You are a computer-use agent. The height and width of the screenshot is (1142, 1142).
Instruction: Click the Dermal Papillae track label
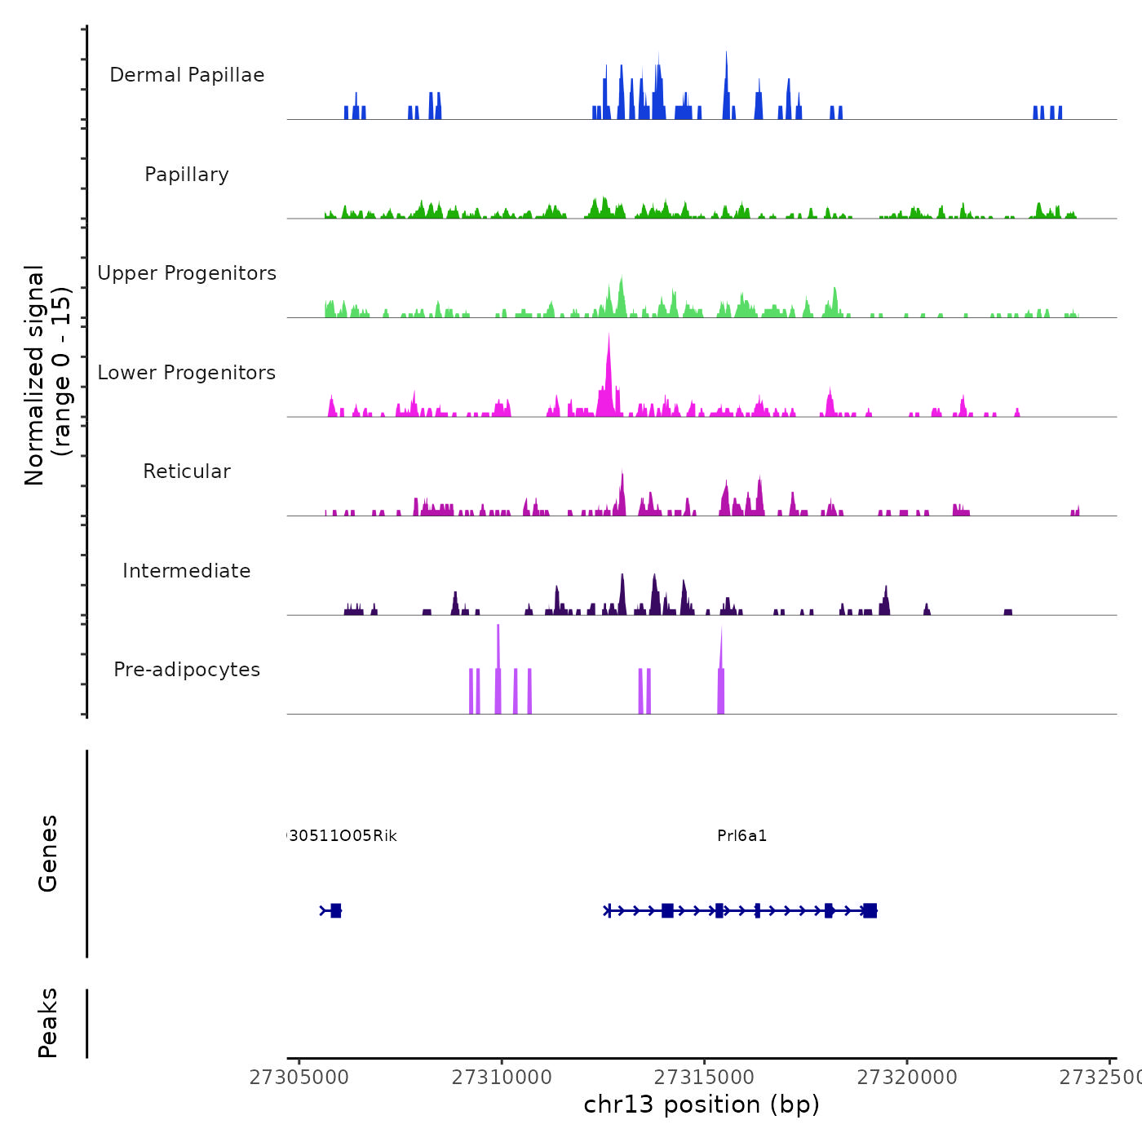click(187, 75)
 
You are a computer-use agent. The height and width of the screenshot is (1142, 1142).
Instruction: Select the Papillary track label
click(187, 175)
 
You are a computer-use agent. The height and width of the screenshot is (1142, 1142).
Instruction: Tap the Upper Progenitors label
click(187, 273)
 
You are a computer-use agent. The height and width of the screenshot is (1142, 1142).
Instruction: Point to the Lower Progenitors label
click(187, 373)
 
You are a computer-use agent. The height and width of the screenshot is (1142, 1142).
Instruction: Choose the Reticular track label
click(187, 471)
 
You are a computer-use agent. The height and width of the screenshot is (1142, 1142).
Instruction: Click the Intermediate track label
click(187, 571)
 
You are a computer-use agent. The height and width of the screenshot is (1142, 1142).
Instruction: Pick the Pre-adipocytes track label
click(187, 670)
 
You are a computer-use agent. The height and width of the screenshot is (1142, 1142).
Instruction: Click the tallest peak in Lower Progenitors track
click(609, 336)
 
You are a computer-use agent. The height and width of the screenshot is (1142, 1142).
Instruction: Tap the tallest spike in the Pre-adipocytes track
click(498, 628)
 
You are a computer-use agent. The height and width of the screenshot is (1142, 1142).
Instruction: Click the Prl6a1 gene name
click(742, 836)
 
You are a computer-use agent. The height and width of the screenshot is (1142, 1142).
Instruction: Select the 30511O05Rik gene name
click(343, 836)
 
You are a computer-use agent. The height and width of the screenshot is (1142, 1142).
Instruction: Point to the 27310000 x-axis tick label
click(502, 1078)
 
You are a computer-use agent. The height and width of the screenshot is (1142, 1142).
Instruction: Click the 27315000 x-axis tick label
click(704, 1078)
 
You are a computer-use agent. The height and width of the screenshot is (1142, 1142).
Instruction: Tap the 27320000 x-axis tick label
click(907, 1078)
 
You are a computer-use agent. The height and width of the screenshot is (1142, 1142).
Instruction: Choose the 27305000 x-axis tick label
click(299, 1078)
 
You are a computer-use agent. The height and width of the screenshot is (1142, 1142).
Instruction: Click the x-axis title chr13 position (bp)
click(702, 1104)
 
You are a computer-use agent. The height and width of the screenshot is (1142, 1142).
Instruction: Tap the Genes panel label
click(47, 853)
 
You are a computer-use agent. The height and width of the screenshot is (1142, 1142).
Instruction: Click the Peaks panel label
click(47, 1023)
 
